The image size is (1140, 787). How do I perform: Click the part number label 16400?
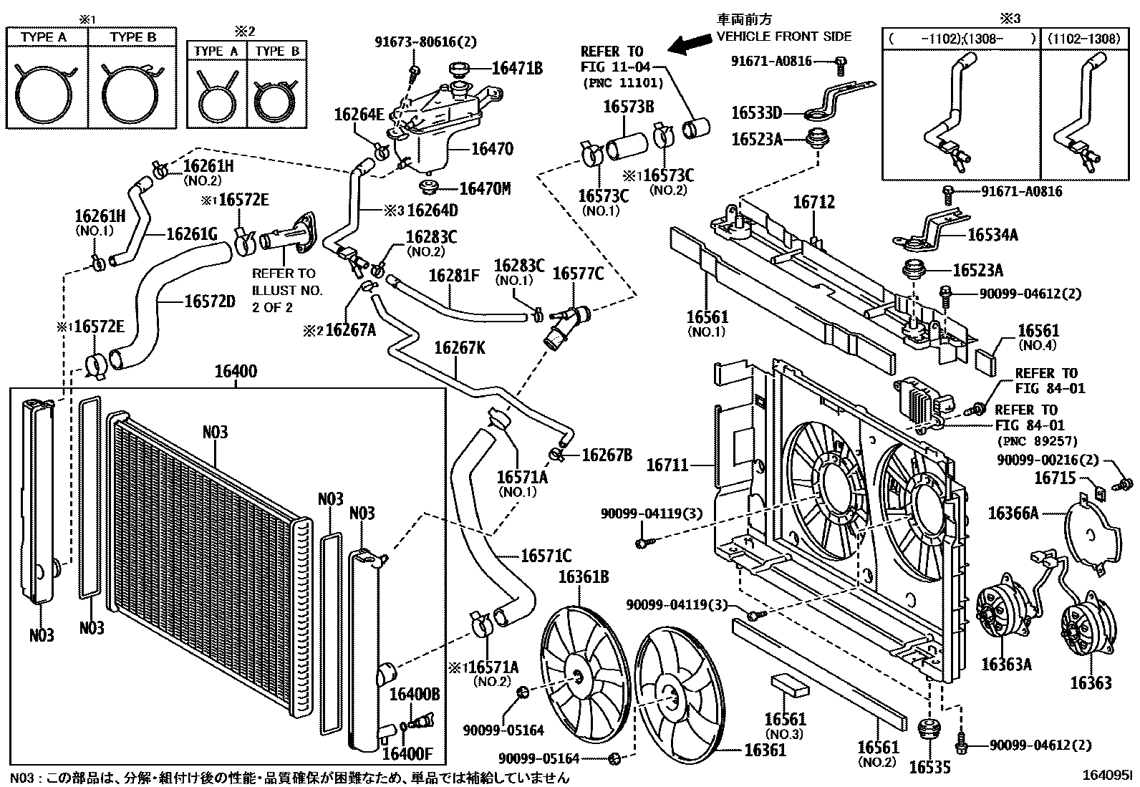pyautogui.click(x=236, y=372)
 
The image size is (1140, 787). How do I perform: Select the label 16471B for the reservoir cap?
pyautogui.click(x=516, y=69)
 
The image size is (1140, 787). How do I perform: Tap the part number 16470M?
pyautogui.click(x=485, y=189)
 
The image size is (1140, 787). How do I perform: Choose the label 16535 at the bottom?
pyautogui.click(x=929, y=768)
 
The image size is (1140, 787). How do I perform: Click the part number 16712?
pyautogui.click(x=813, y=203)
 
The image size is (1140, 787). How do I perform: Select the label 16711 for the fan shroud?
pyautogui.click(x=667, y=465)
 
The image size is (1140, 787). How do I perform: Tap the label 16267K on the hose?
pyautogui.click(x=460, y=348)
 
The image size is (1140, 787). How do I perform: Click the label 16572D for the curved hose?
pyautogui.click(x=209, y=301)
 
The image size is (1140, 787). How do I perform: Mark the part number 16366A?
pyautogui.click(x=1013, y=513)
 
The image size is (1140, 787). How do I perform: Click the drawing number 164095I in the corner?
pyautogui.click(x=1107, y=775)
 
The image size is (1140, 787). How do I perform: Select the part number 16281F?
pyautogui.click(x=454, y=276)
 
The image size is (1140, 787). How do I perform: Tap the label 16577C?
pyautogui.click(x=578, y=274)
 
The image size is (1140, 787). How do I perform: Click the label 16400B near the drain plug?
pyautogui.click(x=414, y=693)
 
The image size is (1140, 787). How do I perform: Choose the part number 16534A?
pyautogui.click(x=992, y=235)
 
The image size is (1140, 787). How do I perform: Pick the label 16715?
pyautogui.click(x=1056, y=477)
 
